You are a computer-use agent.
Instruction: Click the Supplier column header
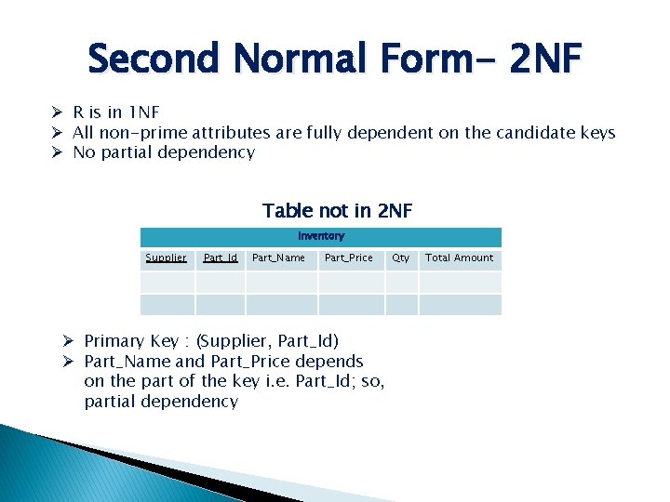(x=167, y=258)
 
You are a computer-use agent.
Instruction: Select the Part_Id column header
(x=221, y=258)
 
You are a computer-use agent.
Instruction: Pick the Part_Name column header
(x=279, y=258)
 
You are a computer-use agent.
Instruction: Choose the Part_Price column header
(x=349, y=258)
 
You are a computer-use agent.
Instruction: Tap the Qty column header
(x=401, y=258)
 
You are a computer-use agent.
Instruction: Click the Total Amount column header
(x=460, y=258)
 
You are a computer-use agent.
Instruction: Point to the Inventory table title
(x=321, y=236)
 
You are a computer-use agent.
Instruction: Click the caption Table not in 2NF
(x=337, y=211)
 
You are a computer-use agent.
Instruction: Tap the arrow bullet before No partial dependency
(x=57, y=152)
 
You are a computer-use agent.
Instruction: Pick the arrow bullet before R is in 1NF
(x=57, y=113)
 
